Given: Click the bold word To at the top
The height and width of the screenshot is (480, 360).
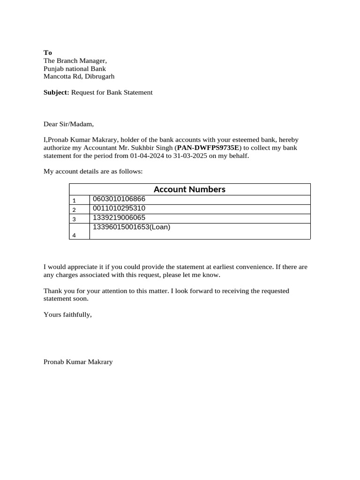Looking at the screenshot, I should [48, 52].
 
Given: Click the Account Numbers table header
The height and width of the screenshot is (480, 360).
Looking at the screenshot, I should [189, 189].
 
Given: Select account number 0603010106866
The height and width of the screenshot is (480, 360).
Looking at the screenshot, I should [119, 199].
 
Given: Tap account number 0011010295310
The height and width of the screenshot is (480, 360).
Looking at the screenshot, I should [119, 208].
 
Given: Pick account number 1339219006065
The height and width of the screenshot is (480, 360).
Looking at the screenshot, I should [119, 217].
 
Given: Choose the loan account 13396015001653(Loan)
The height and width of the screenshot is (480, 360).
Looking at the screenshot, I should [131, 227].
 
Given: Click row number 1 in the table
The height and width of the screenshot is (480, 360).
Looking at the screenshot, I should [74, 200].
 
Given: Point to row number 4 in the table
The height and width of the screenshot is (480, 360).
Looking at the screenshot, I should [74, 235].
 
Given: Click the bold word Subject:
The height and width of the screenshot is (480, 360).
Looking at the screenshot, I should [56, 92].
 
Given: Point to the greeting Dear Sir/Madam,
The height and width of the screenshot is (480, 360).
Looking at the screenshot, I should [69, 124].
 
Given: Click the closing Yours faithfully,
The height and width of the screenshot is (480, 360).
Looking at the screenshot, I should [67, 315].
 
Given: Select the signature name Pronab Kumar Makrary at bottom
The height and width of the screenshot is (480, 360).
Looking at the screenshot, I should [78, 362].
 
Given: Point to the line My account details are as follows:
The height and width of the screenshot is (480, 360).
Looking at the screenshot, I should [93, 172].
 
